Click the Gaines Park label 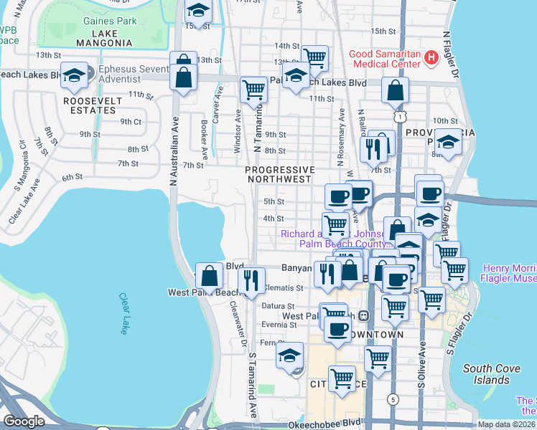click(110, 21)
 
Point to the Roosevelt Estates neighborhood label click(89, 105)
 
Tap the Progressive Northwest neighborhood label click(280, 174)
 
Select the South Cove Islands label click(487, 374)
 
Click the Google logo click(24, 421)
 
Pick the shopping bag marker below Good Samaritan click(396, 90)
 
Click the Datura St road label click(274, 305)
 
